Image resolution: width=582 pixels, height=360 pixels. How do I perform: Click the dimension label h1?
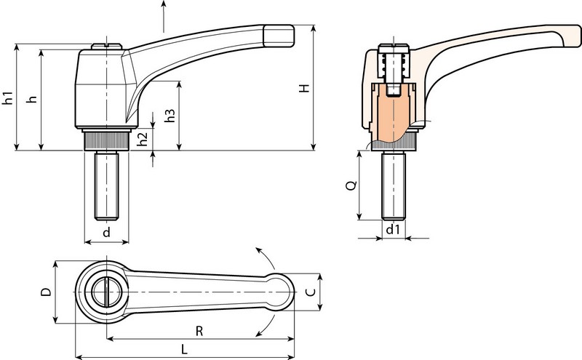(8, 97)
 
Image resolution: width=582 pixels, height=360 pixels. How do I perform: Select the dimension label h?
(33, 99)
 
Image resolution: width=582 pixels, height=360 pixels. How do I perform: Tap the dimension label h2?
(143, 139)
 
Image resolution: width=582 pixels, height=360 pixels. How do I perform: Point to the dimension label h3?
(170, 116)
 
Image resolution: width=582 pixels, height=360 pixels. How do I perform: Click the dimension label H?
(304, 88)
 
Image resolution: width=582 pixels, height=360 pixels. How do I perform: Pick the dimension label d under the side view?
(106, 233)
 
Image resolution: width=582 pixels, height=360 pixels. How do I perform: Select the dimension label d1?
(393, 230)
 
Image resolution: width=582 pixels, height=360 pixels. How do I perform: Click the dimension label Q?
(351, 185)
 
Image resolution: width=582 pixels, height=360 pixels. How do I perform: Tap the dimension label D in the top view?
(46, 292)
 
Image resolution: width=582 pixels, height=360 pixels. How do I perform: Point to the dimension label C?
(311, 292)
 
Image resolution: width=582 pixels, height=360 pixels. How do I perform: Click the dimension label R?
(199, 331)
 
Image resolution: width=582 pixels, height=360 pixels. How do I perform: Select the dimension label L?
(185, 349)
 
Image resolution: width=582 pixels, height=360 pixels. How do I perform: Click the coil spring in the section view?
(394, 65)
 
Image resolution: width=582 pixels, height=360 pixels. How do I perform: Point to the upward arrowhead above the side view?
(163, 4)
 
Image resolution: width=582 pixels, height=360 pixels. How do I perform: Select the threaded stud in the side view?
(106, 185)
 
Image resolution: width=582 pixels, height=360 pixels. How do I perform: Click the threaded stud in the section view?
(394, 185)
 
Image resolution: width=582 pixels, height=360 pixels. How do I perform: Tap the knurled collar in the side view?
(106, 141)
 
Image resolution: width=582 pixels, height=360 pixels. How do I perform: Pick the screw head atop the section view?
(394, 49)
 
